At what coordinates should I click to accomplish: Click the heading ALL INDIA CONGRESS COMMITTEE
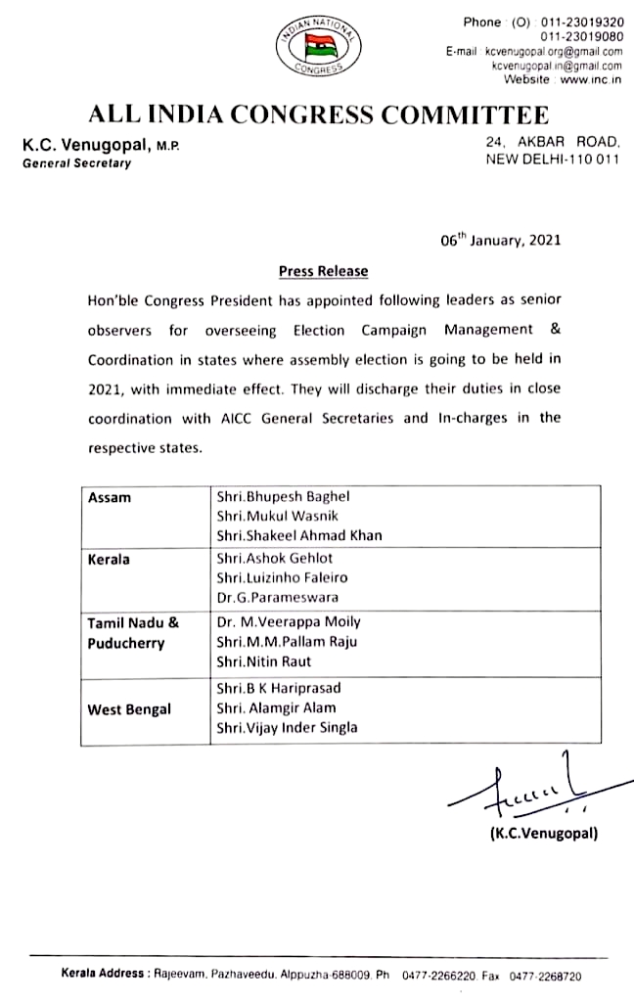pyautogui.click(x=318, y=114)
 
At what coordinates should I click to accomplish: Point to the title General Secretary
pyautogui.click(x=76, y=163)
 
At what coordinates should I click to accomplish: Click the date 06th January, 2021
pyautogui.click(x=500, y=240)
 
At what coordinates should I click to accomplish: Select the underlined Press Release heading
pyautogui.click(x=323, y=271)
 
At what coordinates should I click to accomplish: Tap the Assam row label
pyautogui.click(x=110, y=497)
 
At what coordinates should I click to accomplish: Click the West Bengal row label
pyautogui.click(x=129, y=707)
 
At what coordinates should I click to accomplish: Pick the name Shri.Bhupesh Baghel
pyautogui.click(x=283, y=497)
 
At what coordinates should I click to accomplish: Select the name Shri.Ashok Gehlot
pyautogui.click(x=275, y=558)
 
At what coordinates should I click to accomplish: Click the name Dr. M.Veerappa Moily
pyautogui.click(x=289, y=621)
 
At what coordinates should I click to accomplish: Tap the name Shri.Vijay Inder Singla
pyautogui.click(x=287, y=727)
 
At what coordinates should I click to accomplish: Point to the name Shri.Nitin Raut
pyautogui.click(x=264, y=660)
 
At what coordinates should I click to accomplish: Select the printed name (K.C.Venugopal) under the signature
pyautogui.click(x=544, y=833)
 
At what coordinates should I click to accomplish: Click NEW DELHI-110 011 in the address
pyautogui.click(x=553, y=159)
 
